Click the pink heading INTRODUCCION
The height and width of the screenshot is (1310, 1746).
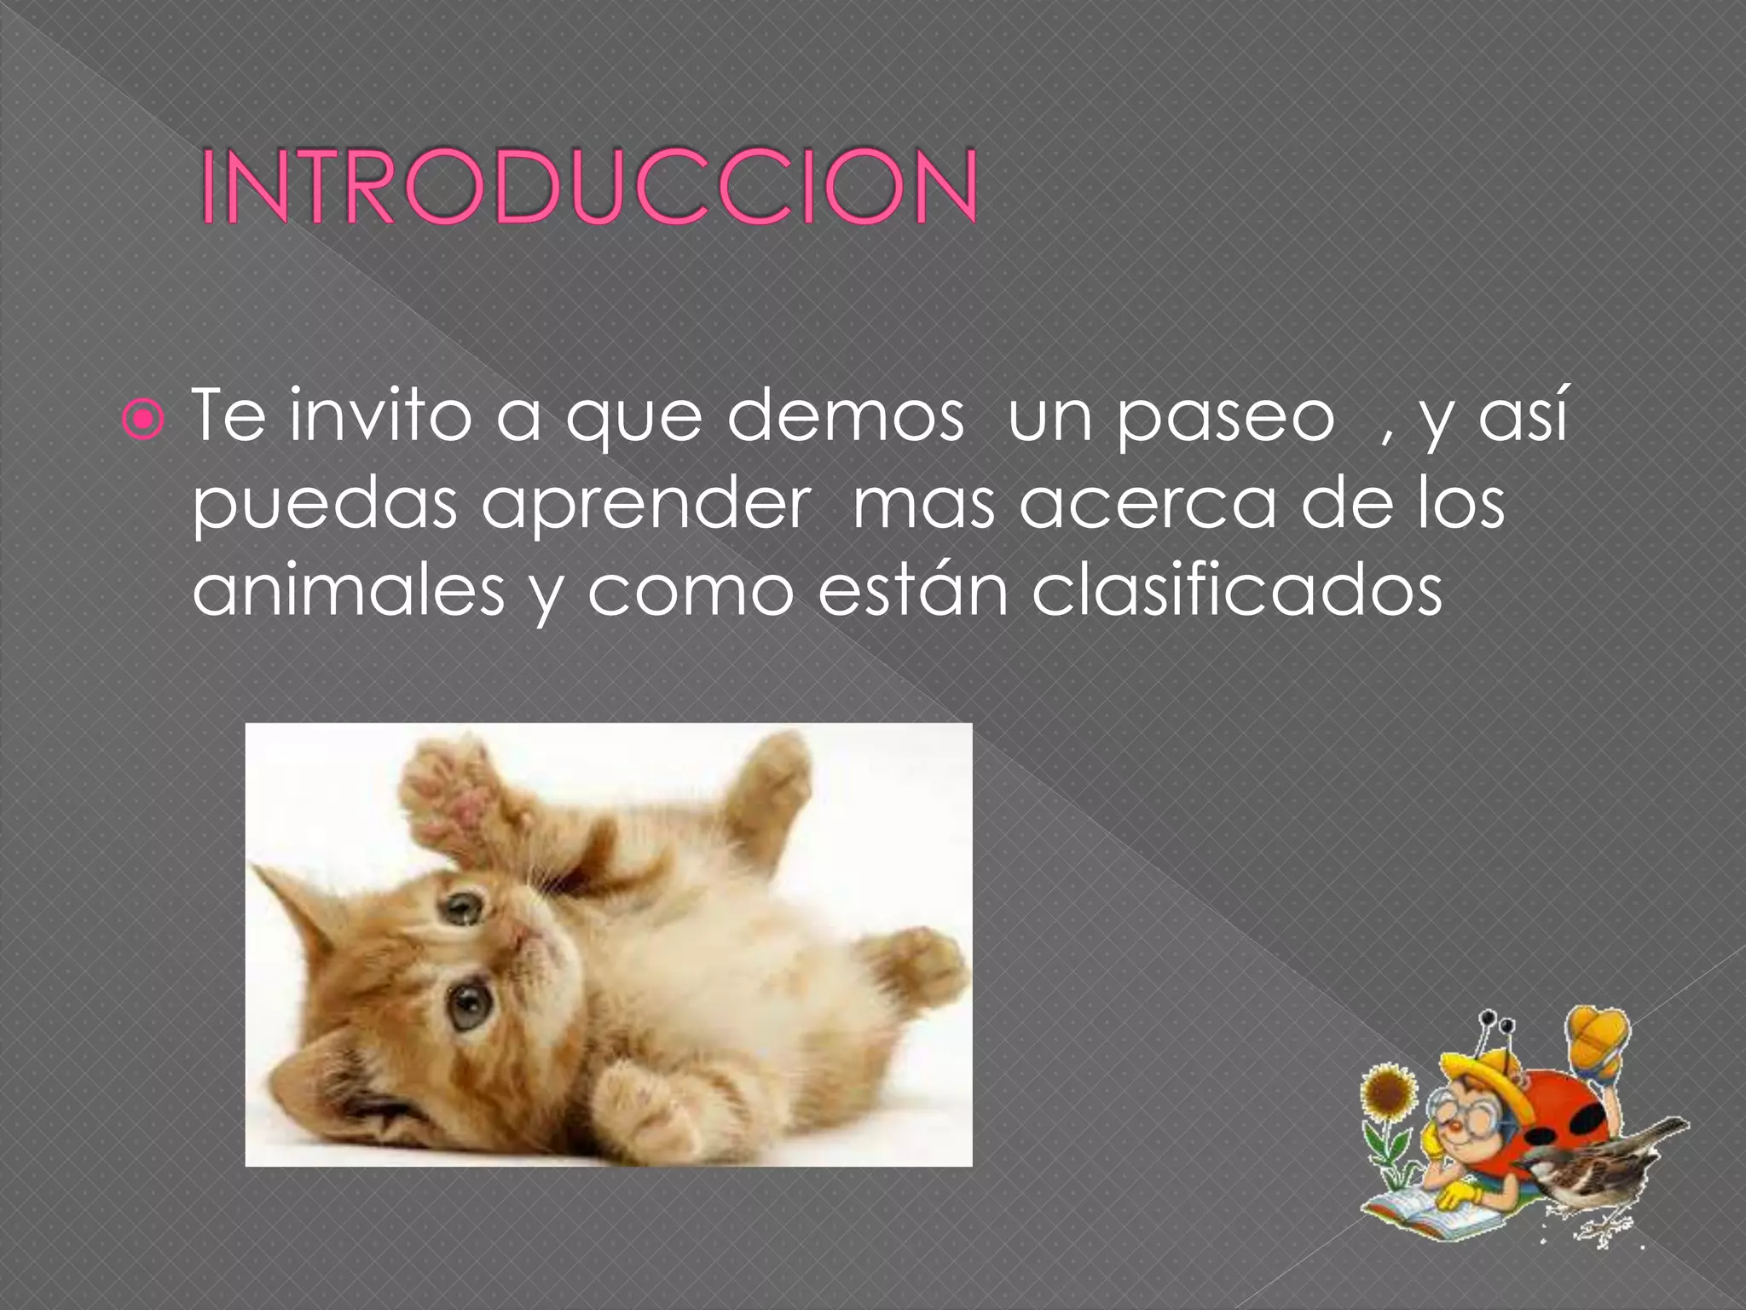coord(588,188)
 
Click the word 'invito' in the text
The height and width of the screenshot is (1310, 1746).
coord(379,416)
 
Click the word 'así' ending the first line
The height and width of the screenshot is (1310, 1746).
coord(1523,416)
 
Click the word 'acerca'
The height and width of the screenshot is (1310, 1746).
coord(1147,505)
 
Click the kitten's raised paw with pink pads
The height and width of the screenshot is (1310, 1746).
coord(452,802)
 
